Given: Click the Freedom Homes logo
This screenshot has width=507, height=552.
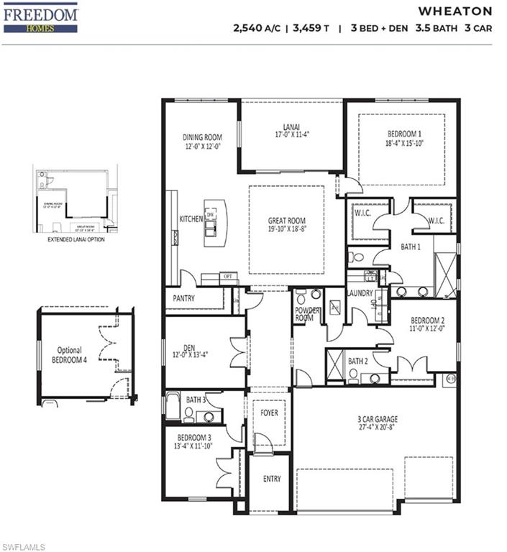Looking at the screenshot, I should click(40, 17).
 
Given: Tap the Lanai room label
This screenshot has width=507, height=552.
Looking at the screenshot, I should click(291, 129).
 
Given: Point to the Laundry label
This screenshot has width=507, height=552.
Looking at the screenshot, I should click(360, 293).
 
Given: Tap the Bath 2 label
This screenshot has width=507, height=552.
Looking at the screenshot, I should click(358, 361).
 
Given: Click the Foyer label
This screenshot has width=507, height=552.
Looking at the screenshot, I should click(269, 413).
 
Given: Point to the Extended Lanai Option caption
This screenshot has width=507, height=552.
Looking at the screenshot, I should click(76, 239).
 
